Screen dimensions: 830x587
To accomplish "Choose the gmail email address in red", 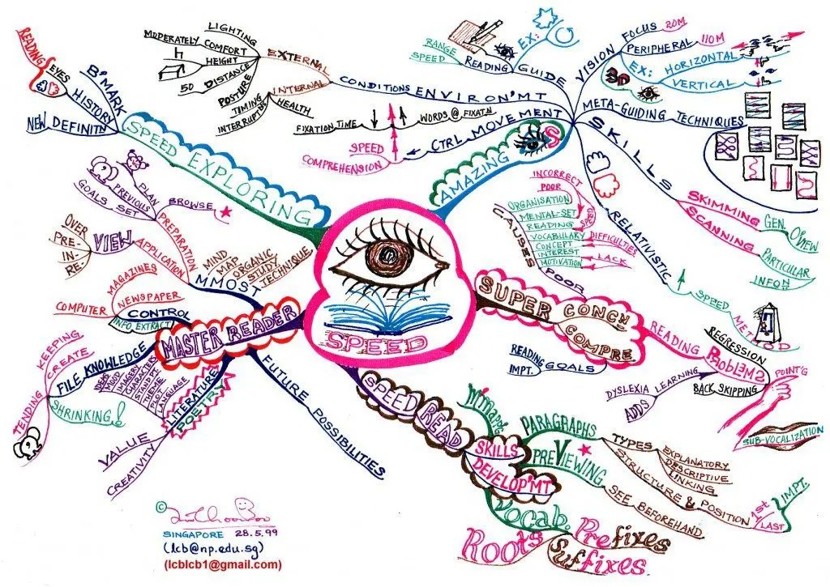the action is pyautogui.click(x=224, y=564).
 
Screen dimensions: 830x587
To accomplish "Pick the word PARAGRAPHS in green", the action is pyautogui.click(x=559, y=423).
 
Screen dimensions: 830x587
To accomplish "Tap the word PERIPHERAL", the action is pyautogui.click(x=657, y=45).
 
